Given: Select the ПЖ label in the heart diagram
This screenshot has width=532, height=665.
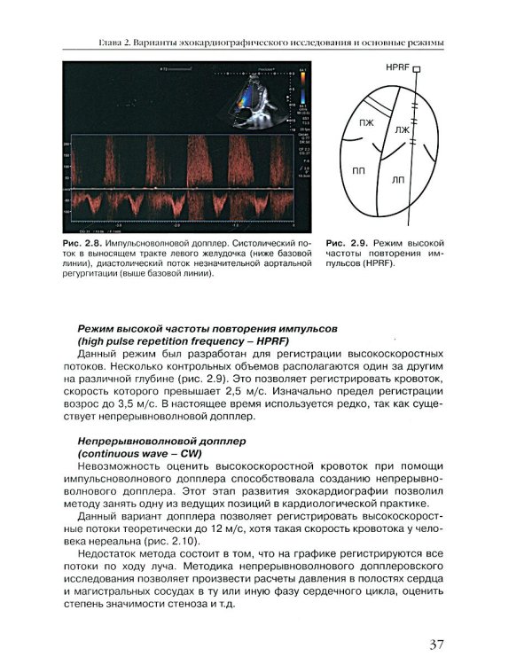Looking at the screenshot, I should coord(365,121).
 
